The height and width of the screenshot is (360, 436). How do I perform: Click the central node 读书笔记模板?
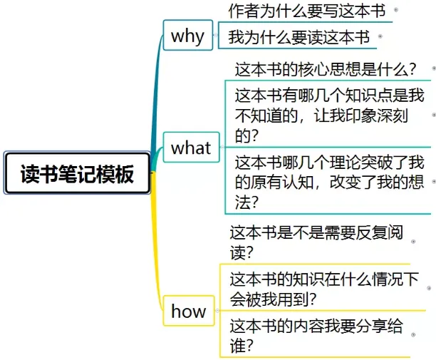77,173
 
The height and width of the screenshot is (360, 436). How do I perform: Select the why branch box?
188,36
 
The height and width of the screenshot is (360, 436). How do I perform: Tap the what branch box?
191,148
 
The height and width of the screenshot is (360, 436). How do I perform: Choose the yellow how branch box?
189,311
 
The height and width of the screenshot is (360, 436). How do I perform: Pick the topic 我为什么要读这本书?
299,36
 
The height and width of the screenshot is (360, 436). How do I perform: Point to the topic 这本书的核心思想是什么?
325,70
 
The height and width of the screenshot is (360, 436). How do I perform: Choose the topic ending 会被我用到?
324,289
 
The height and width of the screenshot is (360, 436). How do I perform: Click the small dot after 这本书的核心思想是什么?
433,69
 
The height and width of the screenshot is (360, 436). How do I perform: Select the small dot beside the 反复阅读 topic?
413,242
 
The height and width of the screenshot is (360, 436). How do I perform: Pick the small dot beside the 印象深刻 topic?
433,114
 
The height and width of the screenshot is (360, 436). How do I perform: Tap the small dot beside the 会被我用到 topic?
429,289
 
